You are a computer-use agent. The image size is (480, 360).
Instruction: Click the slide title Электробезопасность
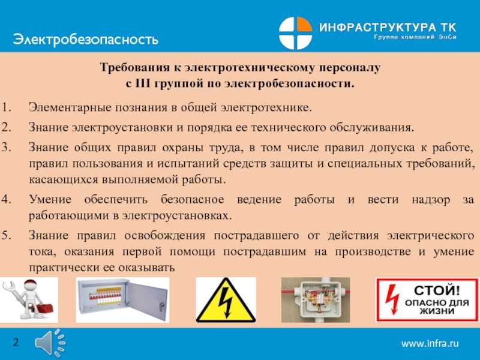86,40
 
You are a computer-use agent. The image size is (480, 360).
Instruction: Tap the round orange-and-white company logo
295,33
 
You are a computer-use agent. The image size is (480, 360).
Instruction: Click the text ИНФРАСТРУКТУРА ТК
388,27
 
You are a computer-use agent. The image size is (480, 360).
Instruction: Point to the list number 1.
6,107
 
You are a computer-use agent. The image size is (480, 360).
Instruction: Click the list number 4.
6,199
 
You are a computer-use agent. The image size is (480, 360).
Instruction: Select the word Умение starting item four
50,200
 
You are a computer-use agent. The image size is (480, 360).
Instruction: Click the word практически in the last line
64,268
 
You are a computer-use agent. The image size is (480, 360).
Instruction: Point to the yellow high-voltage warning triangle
226,300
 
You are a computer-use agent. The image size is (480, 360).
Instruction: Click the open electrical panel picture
122,300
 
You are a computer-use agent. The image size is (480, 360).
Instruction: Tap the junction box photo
316,300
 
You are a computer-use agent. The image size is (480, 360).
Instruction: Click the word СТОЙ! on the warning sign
437,290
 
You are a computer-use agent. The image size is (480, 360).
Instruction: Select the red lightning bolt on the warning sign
392,299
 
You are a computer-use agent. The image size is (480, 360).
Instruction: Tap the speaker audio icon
50,343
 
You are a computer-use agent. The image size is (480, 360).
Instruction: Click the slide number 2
16,342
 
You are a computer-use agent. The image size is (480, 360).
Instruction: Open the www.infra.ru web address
430,343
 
